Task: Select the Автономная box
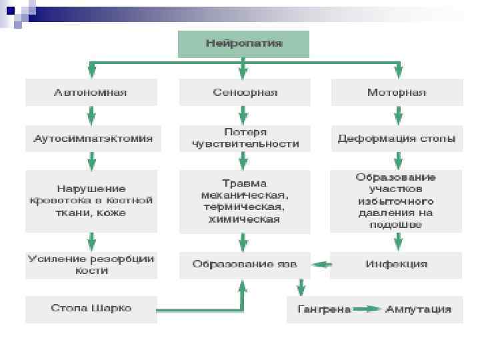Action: [91, 92]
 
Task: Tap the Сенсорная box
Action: [244, 92]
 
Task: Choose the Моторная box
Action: [397, 92]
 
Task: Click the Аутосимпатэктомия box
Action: [92, 139]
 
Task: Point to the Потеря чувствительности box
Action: [244, 138]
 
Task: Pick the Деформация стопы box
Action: [397, 139]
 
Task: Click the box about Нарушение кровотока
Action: [91, 201]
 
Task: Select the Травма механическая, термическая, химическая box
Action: [244, 201]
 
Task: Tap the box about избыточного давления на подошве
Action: [397, 201]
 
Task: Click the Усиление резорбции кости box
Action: [91, 265]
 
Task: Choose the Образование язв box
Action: [244, 264]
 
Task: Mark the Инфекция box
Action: [397, 264]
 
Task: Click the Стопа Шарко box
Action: [91, 309]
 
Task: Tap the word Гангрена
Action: [323, 309]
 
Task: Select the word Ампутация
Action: [418, 309]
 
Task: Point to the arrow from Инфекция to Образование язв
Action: [321, 265]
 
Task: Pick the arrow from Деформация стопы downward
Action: [398, 160]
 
